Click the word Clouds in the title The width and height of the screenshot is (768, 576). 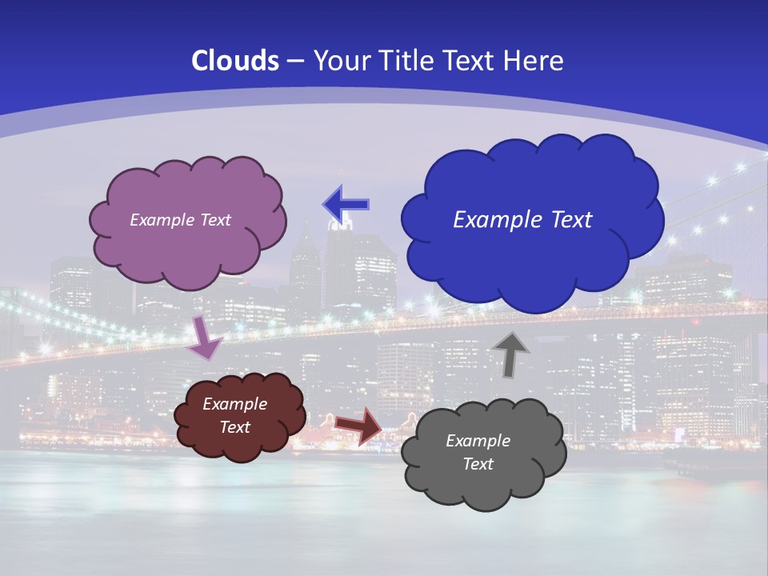235,61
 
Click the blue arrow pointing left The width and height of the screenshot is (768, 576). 346,205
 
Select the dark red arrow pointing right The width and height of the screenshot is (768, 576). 358,425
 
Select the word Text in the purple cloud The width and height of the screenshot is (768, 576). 214,220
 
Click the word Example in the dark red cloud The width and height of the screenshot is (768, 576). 234,404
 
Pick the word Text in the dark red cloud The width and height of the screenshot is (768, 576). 234,427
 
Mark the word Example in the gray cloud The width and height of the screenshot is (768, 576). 478,441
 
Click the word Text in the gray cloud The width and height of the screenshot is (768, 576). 478,464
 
